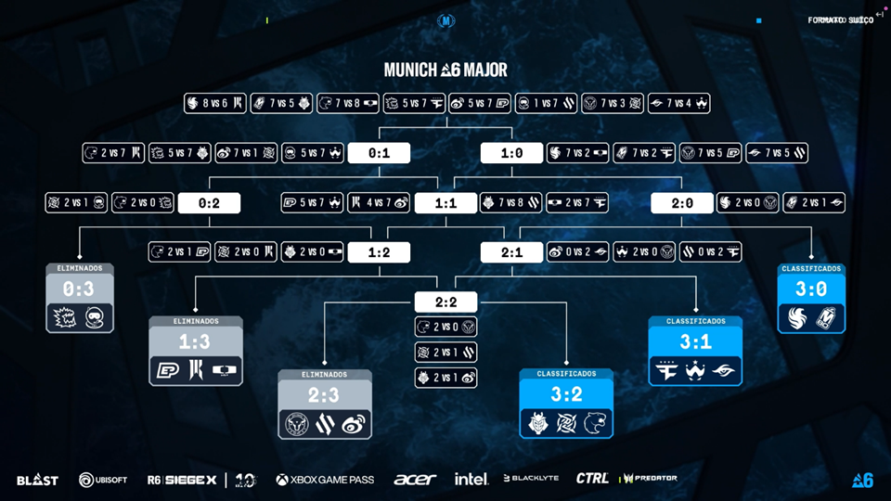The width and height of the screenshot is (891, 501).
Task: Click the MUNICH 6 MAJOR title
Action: pyautogui.click(x=445, y=71)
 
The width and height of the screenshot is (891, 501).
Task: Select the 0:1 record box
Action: pyautogui.click(x=379, y=153)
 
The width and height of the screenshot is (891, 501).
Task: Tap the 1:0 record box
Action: pyautogui.click(x=511, y=153)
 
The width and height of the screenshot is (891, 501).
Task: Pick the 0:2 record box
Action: pyautogui.click(x=209, y=202)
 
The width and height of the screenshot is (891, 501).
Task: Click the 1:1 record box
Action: pyautogui.click(x=445, y=202)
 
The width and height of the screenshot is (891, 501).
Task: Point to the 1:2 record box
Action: pyautogui.click(x=379, y=251)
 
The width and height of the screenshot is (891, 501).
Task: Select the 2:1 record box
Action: pyautogui.click(x=511, y=251)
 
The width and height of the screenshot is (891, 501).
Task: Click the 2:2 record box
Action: pyautogui.click(x=445, y=302)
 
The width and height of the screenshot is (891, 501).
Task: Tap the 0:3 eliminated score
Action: pyautogui.click(x=80, y=289)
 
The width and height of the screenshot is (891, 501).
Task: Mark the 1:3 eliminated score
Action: pyautogui.click(x=195, y=341)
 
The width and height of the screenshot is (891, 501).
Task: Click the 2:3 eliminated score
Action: pyautogui.click(x=325, y=395)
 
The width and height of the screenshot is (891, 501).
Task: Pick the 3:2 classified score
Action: pyautogui.click(x=566, y=395)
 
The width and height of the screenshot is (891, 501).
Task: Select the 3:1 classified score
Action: pyautogui.click(x=695, y=341)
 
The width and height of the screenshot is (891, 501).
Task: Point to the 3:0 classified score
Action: pyautogui.click(x=811, y=289)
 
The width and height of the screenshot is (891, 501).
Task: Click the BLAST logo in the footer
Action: pyautogui.click(x=37, y=480)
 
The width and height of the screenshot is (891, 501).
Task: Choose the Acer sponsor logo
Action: pyautogui.click(x=415, y=480)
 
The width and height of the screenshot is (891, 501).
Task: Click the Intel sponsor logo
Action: pyautogui.click(x=471, y=479)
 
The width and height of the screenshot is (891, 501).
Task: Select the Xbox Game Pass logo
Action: pyautogui.click(x=325, y=480)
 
